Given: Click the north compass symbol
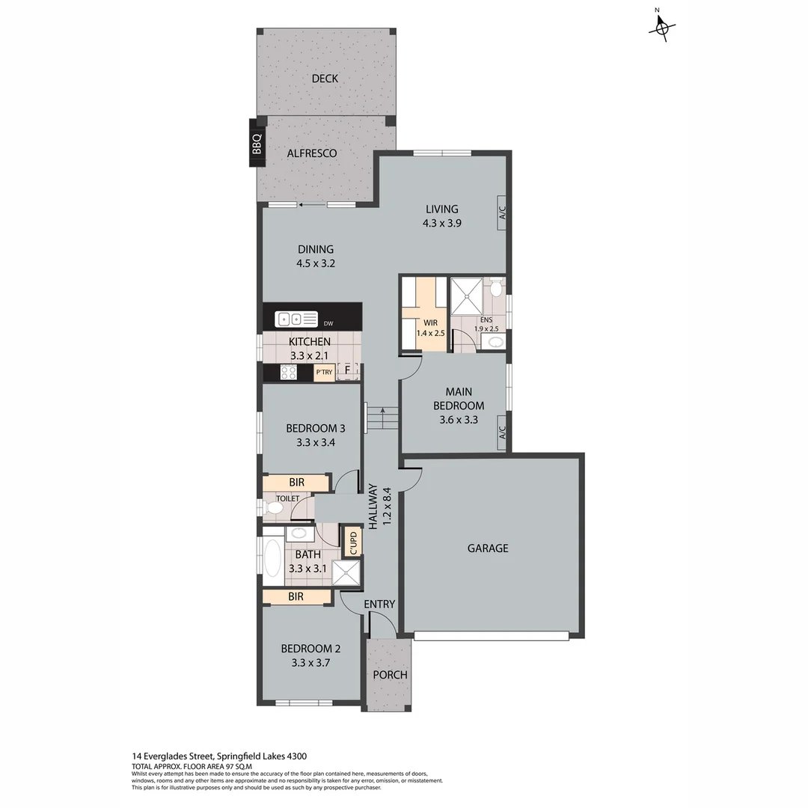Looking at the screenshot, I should (x=661, y=28).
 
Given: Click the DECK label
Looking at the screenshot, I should (x=325, y=79).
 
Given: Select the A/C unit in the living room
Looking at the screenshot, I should (x=503, y=212).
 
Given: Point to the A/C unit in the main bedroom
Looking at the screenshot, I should (x=503, y=433).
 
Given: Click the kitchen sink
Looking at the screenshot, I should (x=297, y=319).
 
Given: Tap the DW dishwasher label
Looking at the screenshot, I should (x=328, y=324).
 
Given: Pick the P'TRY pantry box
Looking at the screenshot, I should (x=324, y=372).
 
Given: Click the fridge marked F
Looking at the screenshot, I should (x=348, y=370).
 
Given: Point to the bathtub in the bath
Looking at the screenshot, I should (x=272, y=557).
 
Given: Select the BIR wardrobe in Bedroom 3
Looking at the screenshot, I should (x=296, y=483).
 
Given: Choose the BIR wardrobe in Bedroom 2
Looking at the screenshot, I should (x=296, y=596).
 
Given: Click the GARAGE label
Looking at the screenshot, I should (x=488, y=548).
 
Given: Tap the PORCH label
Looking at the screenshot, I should (x=390, y=675).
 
